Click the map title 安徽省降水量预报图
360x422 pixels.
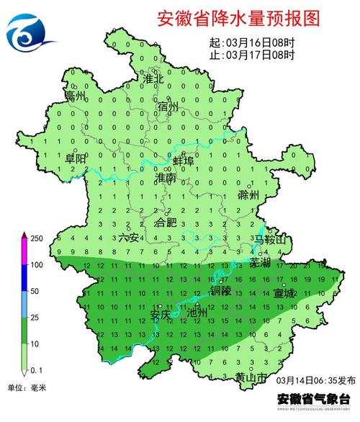click(238, 19)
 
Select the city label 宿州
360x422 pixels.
click(167, 107)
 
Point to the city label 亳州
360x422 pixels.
click(75, 95)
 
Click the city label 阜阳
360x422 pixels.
click(75, 158)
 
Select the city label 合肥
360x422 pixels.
click(166, 223)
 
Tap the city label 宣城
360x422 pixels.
click(284, 294)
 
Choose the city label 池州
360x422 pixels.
click(197, 313)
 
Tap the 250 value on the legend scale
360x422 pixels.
click(37, 238)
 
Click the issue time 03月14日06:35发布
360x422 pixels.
click(315, 380)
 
